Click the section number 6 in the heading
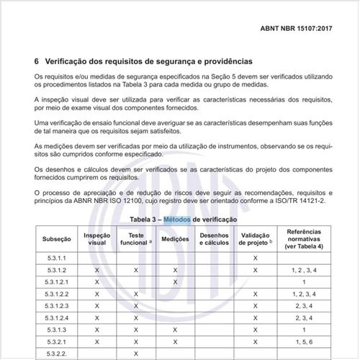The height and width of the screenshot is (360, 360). pyautogui.click(x=37, y=61)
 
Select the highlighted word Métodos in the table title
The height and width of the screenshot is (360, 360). pyautogui.click(x=178, y=219)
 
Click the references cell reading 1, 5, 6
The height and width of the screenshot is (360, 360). pyautogui.click(x=304, y=341)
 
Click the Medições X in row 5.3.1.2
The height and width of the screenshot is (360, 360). pyautogui.click(x=175, y=269)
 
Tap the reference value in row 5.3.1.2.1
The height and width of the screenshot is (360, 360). pyautogui.click(x=304, y=282)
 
